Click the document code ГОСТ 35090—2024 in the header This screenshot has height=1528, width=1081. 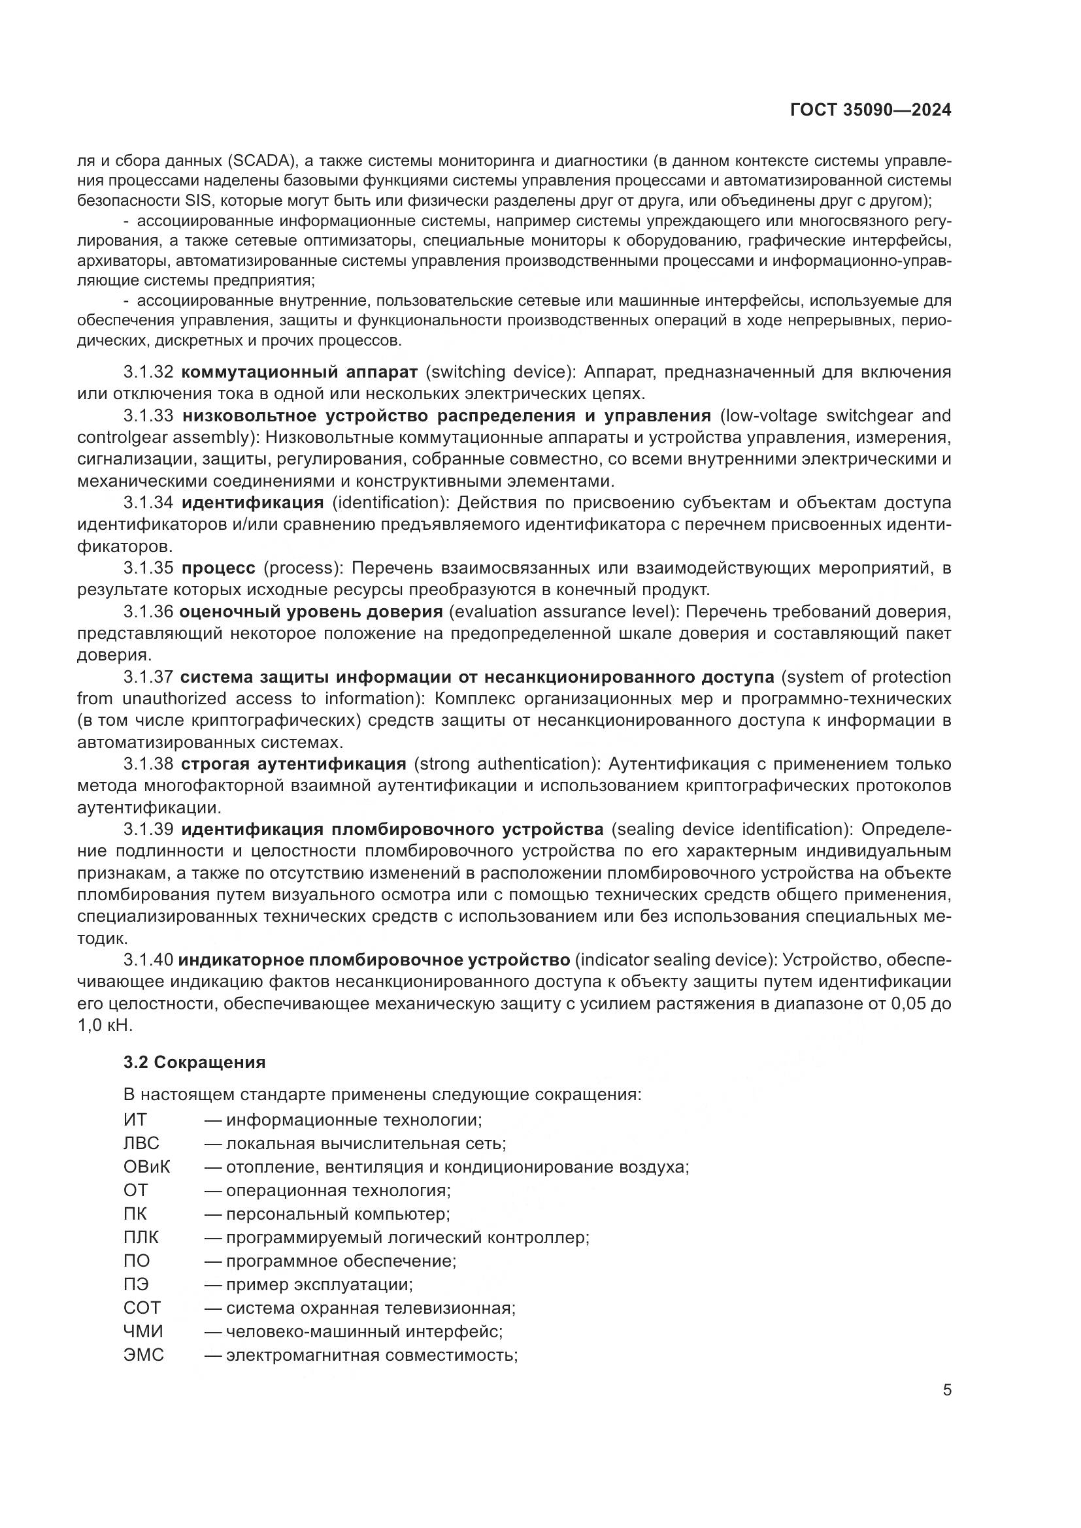pyautogui.click(x=870, y=110)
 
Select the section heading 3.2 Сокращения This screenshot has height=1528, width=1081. pyautogui.click(x=194, y=1062)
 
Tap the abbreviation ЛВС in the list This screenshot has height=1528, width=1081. pyautogui.click(x=141, y=1143)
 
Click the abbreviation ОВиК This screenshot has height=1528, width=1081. pyautogui.click(x=146, y=1167)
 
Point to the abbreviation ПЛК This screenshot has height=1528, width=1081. pyautogui.click(x=141, y=1237)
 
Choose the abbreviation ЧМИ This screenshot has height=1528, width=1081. pyautogui.click(x=143, y=1331)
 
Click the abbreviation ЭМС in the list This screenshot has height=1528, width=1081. pyautogui.click(x=143, y=1354)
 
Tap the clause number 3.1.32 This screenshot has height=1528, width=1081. pyautogui.click(x=148, y=371)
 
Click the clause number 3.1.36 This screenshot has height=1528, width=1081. pyautogui.click(x=148, y=611)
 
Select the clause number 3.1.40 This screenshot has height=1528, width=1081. pyautogui.click(x=148, y=960)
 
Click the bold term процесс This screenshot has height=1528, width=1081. pyautogui.click(x=218, y=568)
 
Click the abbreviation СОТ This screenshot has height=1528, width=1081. pyautogui.click(x=142, y=1308)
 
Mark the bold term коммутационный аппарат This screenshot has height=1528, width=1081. pyautogui.click(x=299, y=371)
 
